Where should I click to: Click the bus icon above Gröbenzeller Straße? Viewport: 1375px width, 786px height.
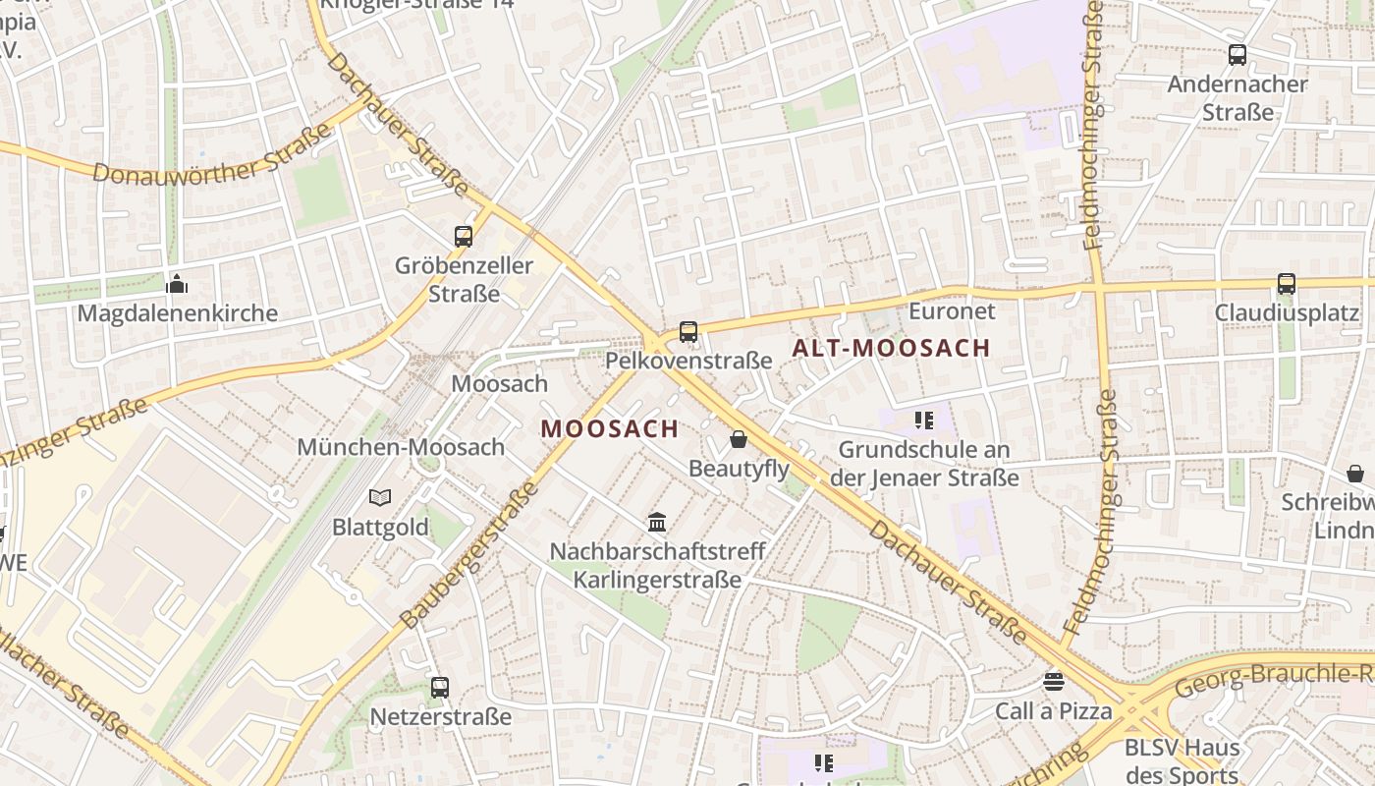click(464, 236)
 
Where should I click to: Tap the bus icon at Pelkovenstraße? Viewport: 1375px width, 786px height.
click(688, 332)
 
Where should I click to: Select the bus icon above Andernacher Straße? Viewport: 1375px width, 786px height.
click(1237, 55)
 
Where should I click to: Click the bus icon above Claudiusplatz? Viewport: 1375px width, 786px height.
click(1287, 284)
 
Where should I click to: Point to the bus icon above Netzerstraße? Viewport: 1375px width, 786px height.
click(440, 688)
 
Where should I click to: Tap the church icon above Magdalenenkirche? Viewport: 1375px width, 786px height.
click(177, 284)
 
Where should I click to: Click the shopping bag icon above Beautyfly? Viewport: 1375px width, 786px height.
click(738, 439)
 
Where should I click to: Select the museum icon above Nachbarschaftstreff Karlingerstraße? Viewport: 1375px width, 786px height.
click(657, 522)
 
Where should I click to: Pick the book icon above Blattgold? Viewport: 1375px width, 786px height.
click(380, 498)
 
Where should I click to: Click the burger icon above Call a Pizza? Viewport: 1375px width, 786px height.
click(1054, 681)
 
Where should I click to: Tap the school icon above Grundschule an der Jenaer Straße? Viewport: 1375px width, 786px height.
click(923, 421)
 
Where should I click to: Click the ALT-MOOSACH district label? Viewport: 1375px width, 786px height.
click(891, 348)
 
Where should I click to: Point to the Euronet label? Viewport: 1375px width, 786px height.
click(952, 311)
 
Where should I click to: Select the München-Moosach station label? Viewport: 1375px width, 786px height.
click(401, 447)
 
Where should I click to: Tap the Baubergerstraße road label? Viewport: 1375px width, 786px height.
click(470, 555)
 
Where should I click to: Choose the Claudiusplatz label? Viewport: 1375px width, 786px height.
click(1287, 313)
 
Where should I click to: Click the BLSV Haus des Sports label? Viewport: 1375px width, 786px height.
click(1182, 760)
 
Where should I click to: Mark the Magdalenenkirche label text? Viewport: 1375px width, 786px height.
click(177, 314)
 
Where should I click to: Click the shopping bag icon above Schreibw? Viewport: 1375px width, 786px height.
click(1355, 474)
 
